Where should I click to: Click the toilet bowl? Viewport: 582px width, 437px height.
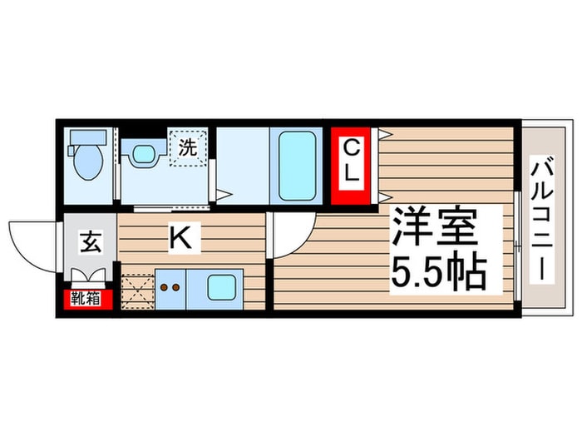pos(86,163)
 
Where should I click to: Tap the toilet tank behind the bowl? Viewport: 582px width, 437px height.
pos(86,136)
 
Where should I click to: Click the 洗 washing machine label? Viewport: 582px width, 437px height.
pos(188,149)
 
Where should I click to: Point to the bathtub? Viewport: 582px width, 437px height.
pos(297,166)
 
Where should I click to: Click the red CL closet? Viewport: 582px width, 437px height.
pos(352,164)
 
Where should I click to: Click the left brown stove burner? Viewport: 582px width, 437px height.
pos(164,288)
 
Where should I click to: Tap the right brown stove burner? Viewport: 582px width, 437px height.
pos(177,288)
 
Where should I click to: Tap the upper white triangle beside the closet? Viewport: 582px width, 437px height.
pos(384,134)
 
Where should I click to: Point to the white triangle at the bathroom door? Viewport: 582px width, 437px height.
pos(223,196)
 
